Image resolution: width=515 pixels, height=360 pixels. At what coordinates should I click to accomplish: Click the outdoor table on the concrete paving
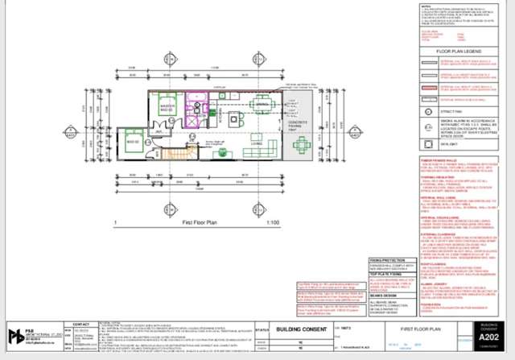(x=301, y=146)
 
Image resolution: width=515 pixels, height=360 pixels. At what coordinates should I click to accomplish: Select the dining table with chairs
(x=262, y=105)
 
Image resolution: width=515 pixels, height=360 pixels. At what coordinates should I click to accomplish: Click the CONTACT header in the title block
(x=81, y=325)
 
